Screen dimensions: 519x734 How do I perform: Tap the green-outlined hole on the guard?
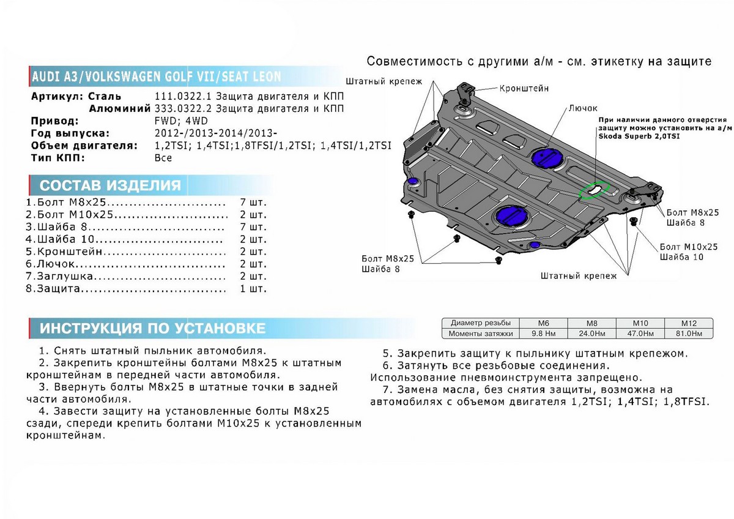point(594,190)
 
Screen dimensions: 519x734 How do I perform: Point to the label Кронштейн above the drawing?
point(524,88)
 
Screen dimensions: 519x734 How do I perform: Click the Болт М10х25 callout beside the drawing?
point(688,247)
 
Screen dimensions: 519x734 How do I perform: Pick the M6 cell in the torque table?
point(543,323)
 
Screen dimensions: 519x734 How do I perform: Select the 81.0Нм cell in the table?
point(688,334)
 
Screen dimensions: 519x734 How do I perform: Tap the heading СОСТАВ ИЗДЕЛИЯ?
point(110,186)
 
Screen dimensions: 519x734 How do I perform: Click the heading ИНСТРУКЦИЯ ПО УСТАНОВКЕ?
point(153,329)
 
